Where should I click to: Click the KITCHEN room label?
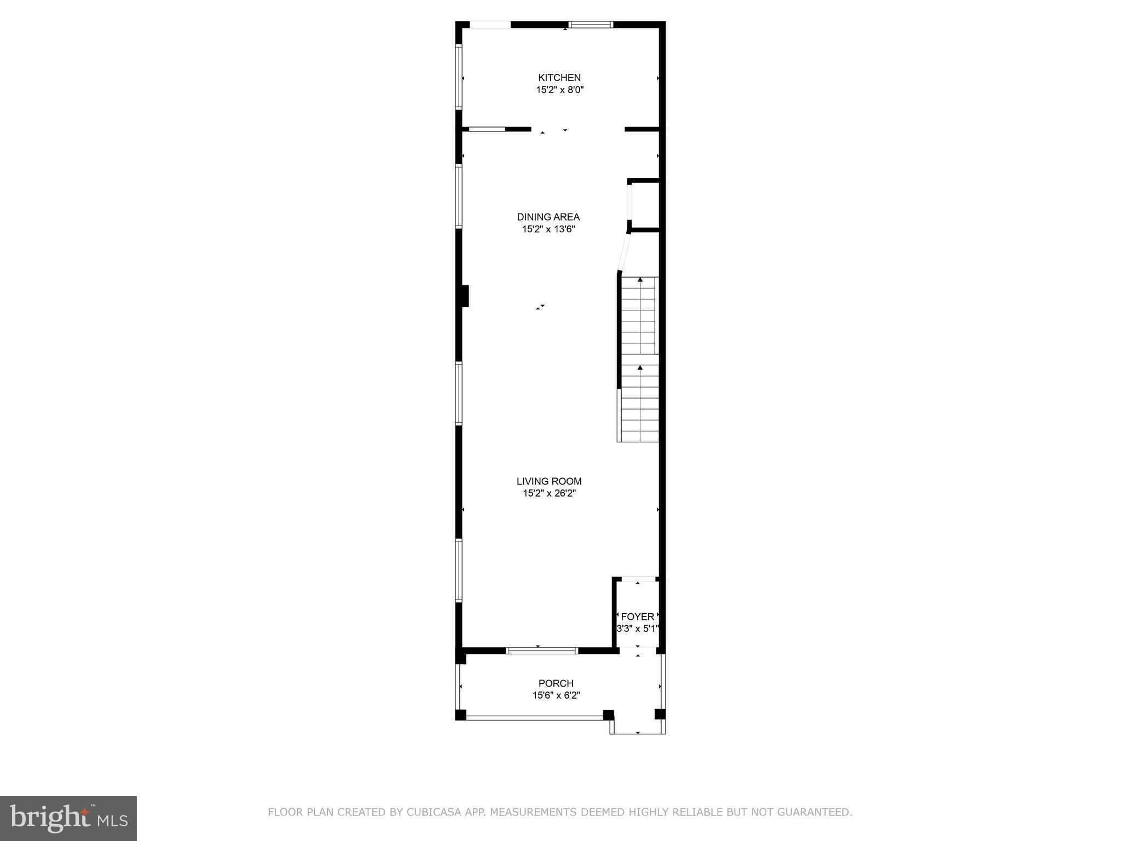(x=559, y=78)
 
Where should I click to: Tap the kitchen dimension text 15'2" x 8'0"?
(x=559, y=90)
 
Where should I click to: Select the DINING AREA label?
(x=548, y=217)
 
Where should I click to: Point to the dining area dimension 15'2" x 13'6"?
(x=548, y=229)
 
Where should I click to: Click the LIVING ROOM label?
(x=549, y=481)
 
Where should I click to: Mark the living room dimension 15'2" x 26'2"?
(x=549, y=493)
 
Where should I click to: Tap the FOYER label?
(x=637, y=617)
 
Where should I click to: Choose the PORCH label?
(x=556, y=683)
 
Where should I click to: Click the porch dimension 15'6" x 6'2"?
(x=556, y=695)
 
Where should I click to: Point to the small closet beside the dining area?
(x=645, y=205)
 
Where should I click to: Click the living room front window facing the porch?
(x=541, y=650)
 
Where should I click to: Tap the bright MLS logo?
(x=68, y=818)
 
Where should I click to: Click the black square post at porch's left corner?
(x=460, y=715)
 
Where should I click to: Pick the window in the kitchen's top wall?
(x=591, y=25)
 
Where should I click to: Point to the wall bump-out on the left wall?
(x=465, y=296)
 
